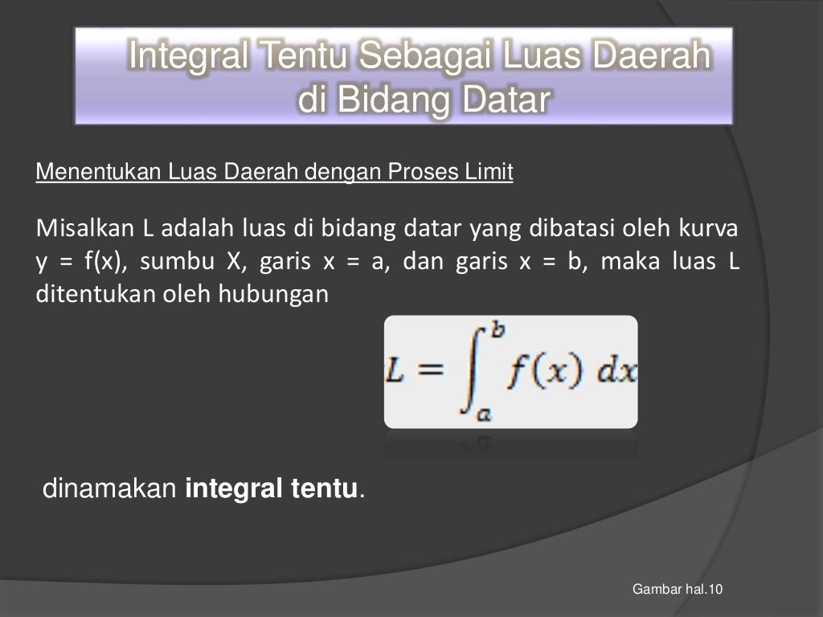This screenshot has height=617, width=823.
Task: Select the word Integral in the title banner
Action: coord(186,57)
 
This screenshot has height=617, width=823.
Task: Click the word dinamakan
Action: coord(109,488)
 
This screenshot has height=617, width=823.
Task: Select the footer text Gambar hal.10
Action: coord(678,590)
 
